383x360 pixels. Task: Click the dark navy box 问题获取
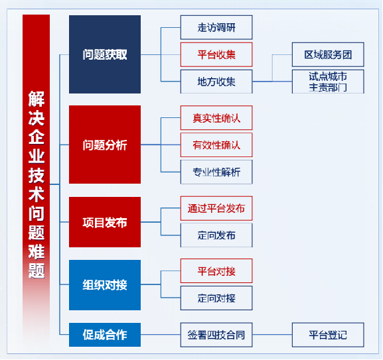pos(105,54)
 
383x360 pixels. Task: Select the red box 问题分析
pos(105,145)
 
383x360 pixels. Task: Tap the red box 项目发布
pos(105,222)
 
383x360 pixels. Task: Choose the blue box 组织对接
pos(105,285)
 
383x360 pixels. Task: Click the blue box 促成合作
pos(105,335)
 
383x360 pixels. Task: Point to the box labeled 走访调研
pos(216,27)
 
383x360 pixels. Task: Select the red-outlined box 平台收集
pos(216,54)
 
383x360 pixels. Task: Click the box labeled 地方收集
pos(216,82)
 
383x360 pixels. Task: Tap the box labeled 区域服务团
pos(328,54)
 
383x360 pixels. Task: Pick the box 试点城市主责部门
pos(328,82)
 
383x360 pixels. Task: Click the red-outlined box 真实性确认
pos(216,118)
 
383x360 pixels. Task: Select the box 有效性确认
pos(216,145)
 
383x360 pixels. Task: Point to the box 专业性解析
pos(216,172)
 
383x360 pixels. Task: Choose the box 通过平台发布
pos(216,208)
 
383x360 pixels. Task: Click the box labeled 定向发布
pos(216,235)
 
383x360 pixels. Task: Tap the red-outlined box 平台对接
pos(216,271)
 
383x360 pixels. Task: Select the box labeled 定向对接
pos(216,298)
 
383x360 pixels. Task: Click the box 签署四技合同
pos(216,335)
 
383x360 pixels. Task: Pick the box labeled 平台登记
pos(328,335)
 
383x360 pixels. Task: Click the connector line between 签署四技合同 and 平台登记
pos(272,335)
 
